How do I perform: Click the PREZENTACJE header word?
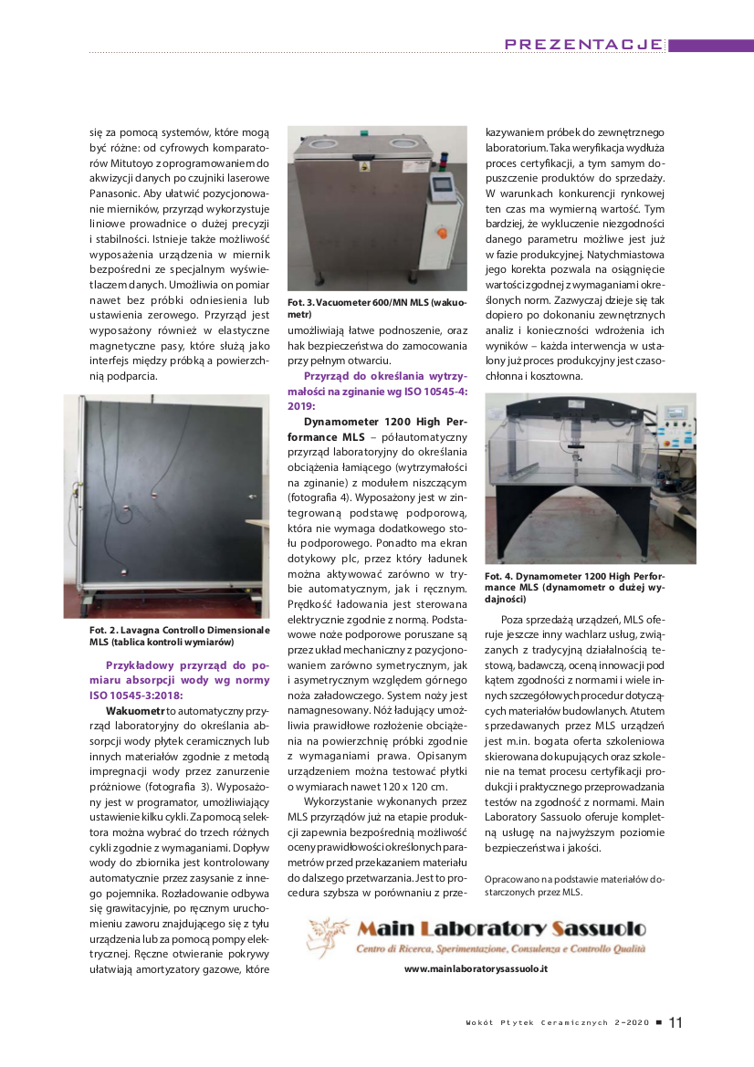tap(583, 44)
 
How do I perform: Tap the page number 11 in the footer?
tap(675, 1022)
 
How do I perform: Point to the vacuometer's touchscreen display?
tap(442, 183)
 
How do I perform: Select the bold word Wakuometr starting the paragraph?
tap(135, 708)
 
